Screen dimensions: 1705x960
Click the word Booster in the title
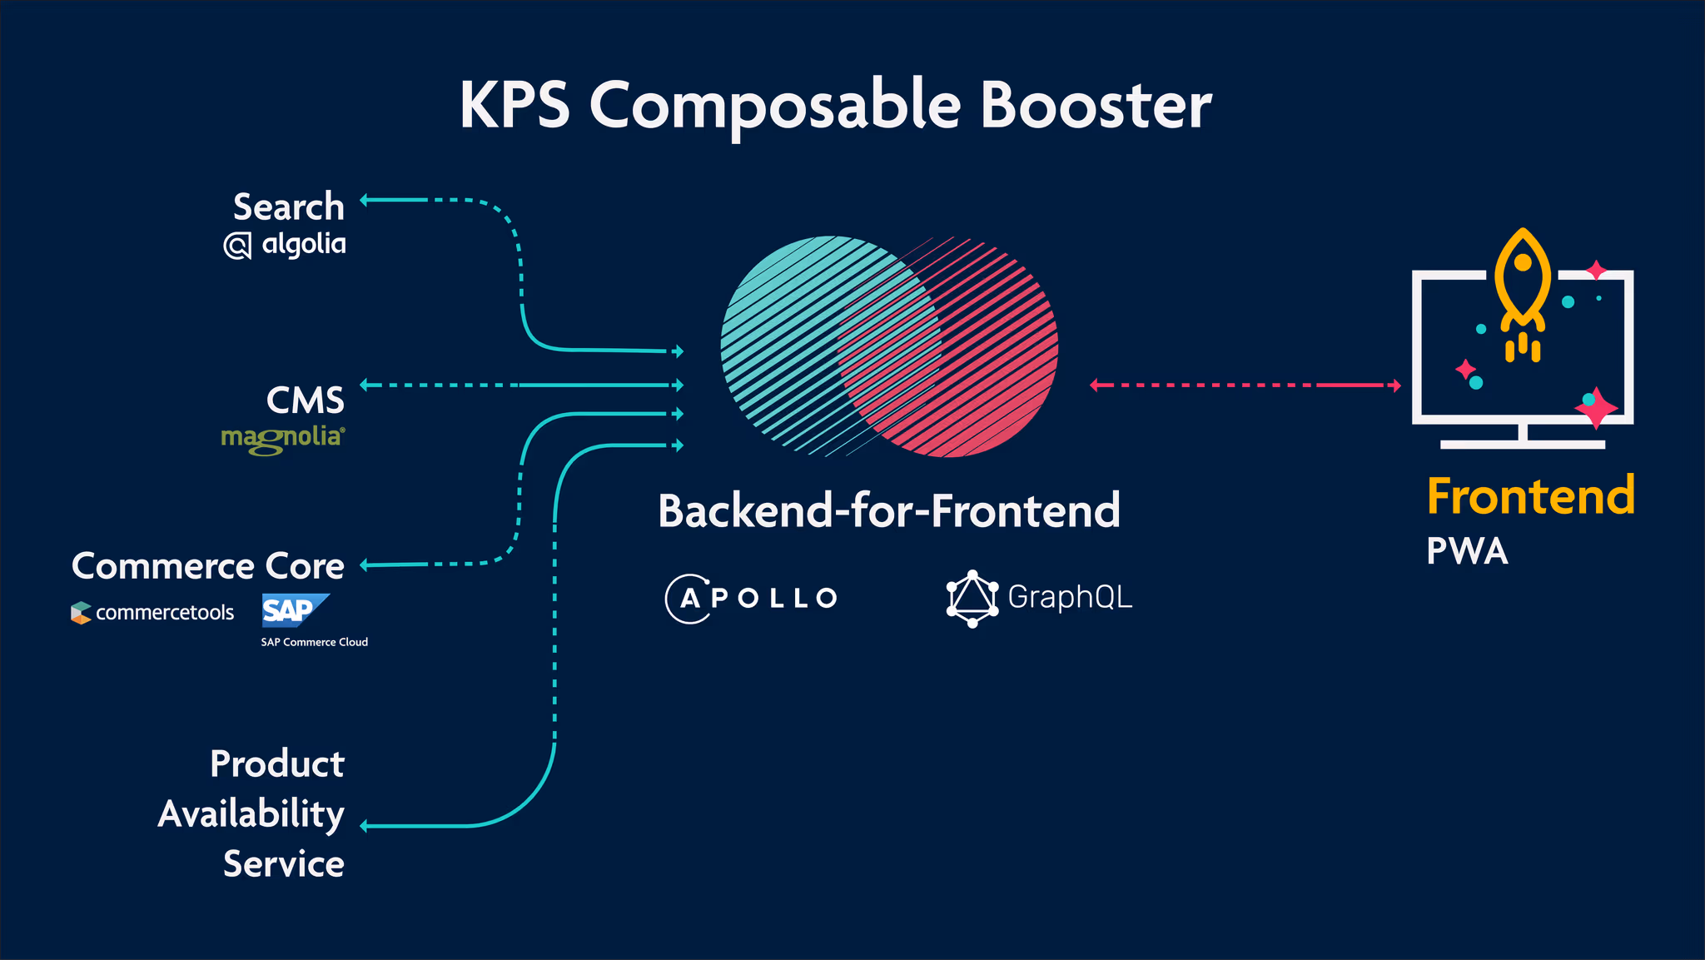click(x=1095, y=105)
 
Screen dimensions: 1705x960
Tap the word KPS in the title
click(x=514, y=105)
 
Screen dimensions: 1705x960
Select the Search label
click(x=288, y=206)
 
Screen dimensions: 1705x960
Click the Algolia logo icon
click(x=237, y=246)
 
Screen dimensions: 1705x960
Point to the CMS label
click(x=305, y=400)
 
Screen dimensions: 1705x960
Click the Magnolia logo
click(x=283, y=439)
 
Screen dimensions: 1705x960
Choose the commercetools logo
click(x=152, y=613)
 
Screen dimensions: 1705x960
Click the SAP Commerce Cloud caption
click(x=314, y=642)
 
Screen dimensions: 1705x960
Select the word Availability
click(x=251, y=813)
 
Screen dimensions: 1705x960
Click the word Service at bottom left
click(x=283, y=863)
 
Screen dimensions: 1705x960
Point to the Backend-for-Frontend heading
click(x=889, y=510)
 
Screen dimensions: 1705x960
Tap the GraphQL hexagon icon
click(x=972, y=599)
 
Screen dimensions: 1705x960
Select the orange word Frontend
click(x=1530, y=496)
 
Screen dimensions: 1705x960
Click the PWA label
click(x=1467, y=551)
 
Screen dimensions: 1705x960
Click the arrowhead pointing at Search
click(x=365, y=200)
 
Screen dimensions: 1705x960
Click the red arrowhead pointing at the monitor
click(x=1396, y=385)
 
